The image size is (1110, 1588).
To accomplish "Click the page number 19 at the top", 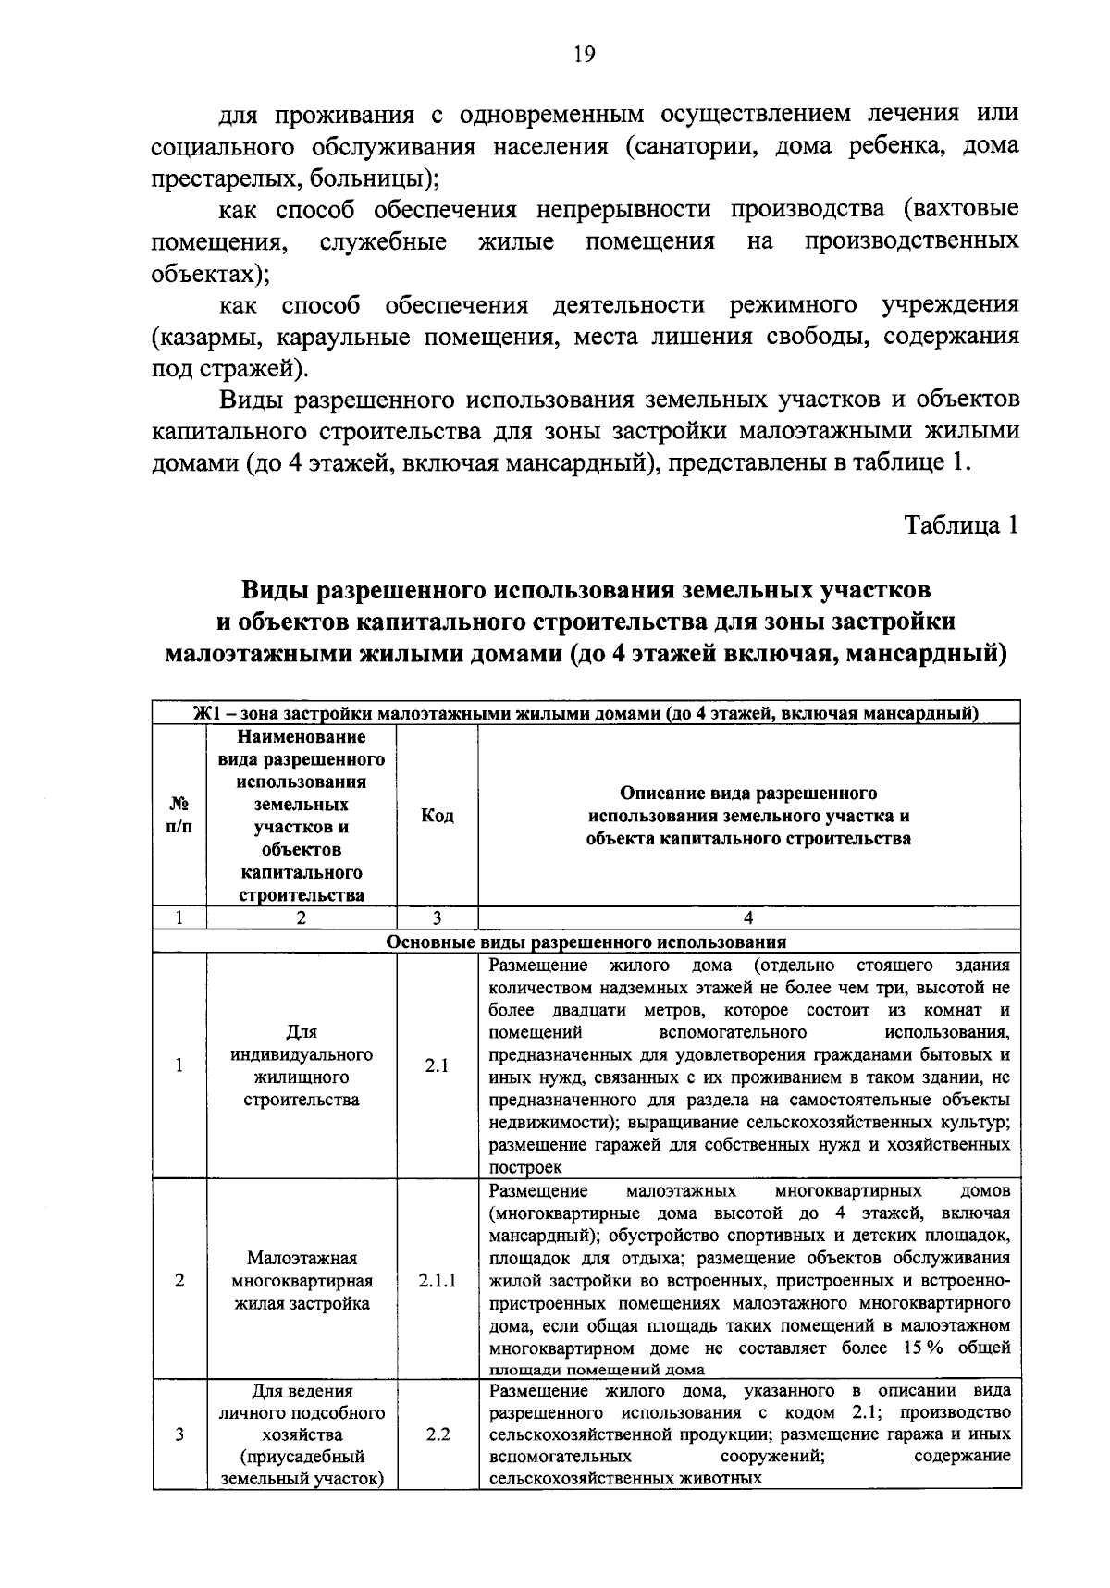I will pos(584,55).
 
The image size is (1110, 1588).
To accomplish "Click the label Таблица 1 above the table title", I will pos(961,525).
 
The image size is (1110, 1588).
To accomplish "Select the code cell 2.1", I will pos(437,1065).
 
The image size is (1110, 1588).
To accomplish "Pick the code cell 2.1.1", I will pos(437,1281).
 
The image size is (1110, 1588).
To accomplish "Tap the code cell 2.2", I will pos(437,1434).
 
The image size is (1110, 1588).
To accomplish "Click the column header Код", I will pos(437,816).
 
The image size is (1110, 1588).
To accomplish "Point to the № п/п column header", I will pos(179,816).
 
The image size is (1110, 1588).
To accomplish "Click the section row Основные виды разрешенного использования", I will pos(586,942).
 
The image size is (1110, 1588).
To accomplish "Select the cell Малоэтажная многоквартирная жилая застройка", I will pos(302,1281).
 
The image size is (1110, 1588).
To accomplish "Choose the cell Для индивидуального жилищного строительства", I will pos(302,1065).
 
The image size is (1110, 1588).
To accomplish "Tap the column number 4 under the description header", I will pos(748,918).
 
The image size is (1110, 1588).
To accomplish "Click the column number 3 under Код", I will pos(437,918).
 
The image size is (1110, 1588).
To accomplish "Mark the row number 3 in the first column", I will pos(179,1434).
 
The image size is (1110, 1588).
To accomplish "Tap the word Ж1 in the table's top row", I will pos(204,713).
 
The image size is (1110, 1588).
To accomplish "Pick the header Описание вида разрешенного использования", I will pos(748,816).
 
